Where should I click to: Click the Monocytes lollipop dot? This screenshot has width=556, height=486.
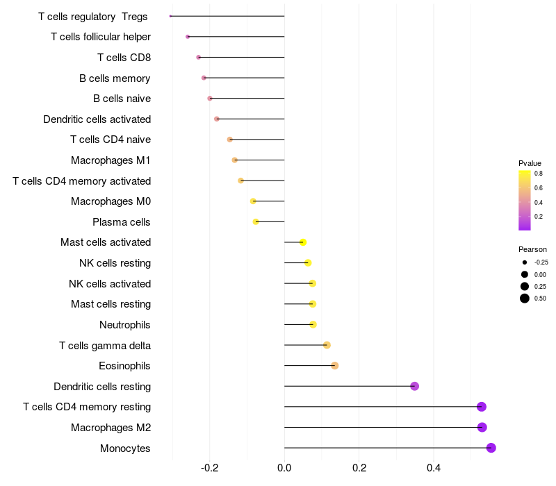(491, 448)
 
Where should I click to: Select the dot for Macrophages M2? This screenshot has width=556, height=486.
(482, 428)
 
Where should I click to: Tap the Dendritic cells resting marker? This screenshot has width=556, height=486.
(415, 386)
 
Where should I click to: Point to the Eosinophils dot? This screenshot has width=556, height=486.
(334, 366)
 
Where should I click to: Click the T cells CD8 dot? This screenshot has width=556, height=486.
(199, 57)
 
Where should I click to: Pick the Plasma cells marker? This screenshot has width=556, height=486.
(256, 222)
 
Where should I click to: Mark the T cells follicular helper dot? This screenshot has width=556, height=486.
(188, 36)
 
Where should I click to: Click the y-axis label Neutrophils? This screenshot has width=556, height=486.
(125, 325)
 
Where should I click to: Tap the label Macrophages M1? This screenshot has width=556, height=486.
(111, 160)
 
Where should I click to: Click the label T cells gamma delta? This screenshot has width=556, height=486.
(105, 345)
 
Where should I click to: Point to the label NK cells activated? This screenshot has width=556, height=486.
(110, 284)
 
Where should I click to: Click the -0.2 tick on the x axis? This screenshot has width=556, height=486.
(209, 468)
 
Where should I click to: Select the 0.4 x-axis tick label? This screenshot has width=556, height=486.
(434, 468)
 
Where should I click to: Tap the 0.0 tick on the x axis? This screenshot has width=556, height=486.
(284, 468)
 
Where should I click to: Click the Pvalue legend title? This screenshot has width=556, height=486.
(530, 162)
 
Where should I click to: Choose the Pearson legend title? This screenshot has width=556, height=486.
(532, 249)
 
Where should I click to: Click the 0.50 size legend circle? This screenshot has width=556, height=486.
(525, 299)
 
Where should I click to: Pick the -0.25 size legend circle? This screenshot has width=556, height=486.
(525, 262)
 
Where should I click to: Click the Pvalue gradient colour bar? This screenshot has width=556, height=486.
(525, 199)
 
